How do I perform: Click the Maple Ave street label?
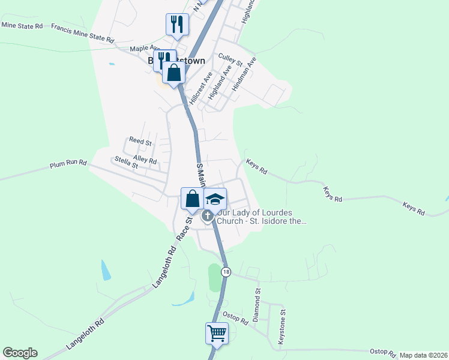145,48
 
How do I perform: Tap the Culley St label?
230,59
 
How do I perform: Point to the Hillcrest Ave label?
200,89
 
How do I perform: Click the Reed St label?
140,141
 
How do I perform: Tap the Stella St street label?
126,162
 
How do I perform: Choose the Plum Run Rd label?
68,163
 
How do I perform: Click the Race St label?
184,229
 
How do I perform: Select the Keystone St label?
282,326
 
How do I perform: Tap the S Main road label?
201,173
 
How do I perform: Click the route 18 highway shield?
226,272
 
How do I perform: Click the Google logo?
20,353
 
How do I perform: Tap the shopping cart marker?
217,332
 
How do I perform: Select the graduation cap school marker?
215,199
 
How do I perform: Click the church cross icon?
208,216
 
